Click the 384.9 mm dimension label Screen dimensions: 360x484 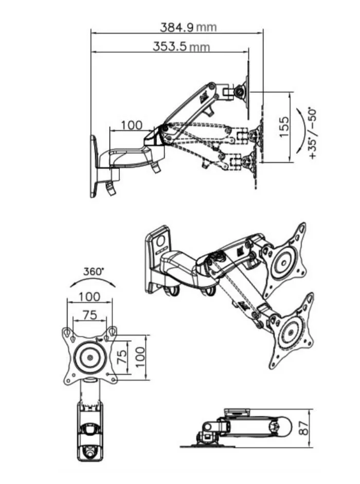(188, 27)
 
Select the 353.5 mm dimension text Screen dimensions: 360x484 (181, 47)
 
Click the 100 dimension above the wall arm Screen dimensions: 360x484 (132, 126)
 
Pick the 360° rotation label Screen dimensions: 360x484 (94, 272)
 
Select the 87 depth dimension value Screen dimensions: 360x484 (304, 428)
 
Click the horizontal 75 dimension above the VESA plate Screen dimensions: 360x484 (90, 315)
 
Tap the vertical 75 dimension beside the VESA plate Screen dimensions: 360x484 (122, 356)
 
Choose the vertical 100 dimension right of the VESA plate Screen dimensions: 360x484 (140, 357)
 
